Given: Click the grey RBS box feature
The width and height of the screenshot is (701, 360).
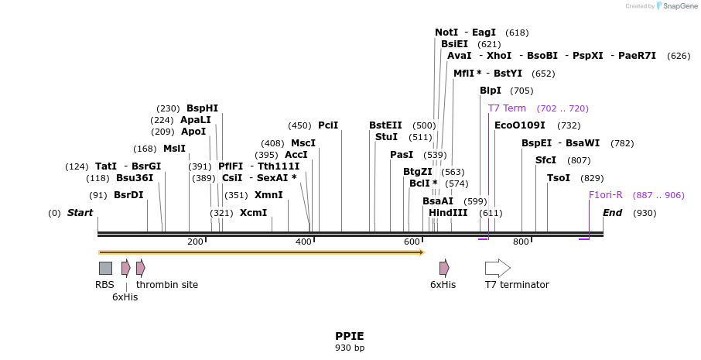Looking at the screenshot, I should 105,268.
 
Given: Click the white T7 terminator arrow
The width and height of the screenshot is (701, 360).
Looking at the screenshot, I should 497,268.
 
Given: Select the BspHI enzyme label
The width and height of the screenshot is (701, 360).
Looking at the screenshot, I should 202,108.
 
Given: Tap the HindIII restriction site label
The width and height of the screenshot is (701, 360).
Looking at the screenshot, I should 448,212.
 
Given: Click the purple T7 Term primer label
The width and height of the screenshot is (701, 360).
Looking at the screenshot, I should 507,108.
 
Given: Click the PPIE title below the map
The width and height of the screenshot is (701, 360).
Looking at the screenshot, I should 349,336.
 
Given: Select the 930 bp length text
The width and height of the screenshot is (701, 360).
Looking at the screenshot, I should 349,348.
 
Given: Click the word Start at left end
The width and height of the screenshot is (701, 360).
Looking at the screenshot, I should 80,213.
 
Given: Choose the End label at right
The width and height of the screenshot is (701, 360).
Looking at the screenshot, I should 612,213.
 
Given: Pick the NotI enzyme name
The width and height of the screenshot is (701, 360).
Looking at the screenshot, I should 446,33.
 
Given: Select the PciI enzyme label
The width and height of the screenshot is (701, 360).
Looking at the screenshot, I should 328,125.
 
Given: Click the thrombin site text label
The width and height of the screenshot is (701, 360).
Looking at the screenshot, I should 167,285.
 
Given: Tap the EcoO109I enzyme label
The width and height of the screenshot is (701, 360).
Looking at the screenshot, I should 519,125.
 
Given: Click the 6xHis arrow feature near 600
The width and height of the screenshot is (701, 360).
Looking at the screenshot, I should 444,268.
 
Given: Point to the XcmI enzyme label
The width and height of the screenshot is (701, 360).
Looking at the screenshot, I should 253,212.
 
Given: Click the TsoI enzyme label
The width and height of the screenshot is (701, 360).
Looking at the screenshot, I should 559,178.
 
